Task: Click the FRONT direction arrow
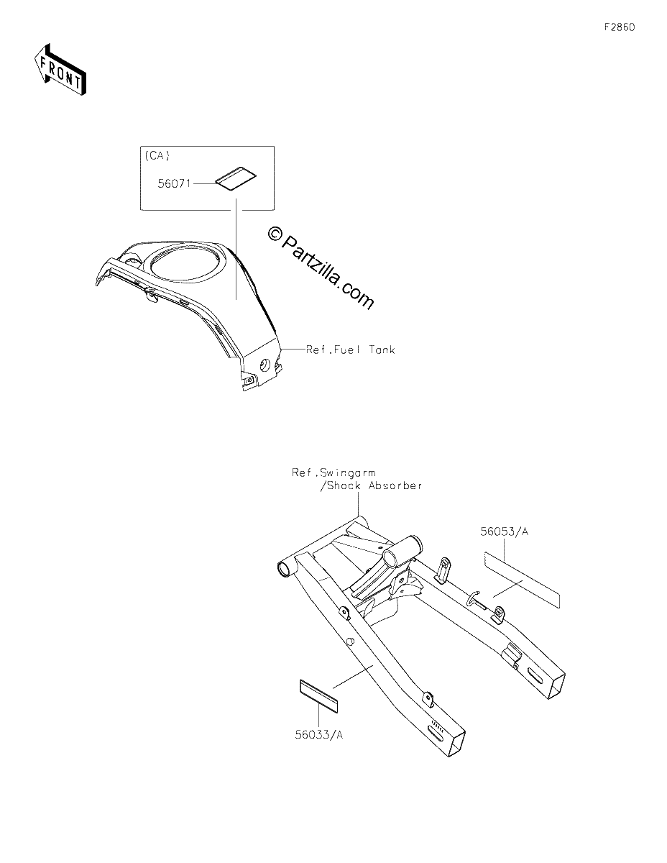click(60, 70)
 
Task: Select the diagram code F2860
click(620, 27)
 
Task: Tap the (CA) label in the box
click(157, 155)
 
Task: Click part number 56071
click(174, 183)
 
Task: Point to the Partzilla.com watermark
click(321, 268)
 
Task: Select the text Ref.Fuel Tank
click(350, 350)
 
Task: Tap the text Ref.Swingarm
click(333, 472)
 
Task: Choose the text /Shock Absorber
click(371, 485)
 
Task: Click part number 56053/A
click(504, 531)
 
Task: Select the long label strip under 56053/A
click(521, 580)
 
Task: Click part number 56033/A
click(318, 735)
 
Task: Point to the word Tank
click(382, 350)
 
